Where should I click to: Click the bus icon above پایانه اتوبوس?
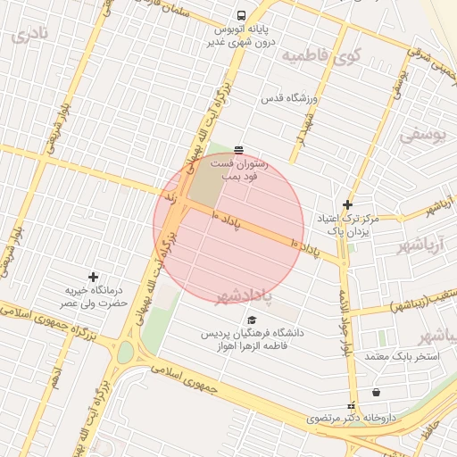(240, 16)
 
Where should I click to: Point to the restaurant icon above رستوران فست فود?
(237, 149)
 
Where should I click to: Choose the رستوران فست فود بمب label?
(236, 170)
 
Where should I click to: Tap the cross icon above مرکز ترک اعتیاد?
(347, 204)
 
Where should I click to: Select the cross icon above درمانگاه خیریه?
(93, 277)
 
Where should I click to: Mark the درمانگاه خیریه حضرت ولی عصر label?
(92, 297)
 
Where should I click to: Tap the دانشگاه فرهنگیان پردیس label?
(251, 339)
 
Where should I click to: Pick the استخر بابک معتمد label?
(403, 356)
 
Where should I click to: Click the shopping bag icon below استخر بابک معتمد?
(376, 392)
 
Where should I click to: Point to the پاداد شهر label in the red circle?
(243, 295)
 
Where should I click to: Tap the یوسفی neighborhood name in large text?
(421, 137)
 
